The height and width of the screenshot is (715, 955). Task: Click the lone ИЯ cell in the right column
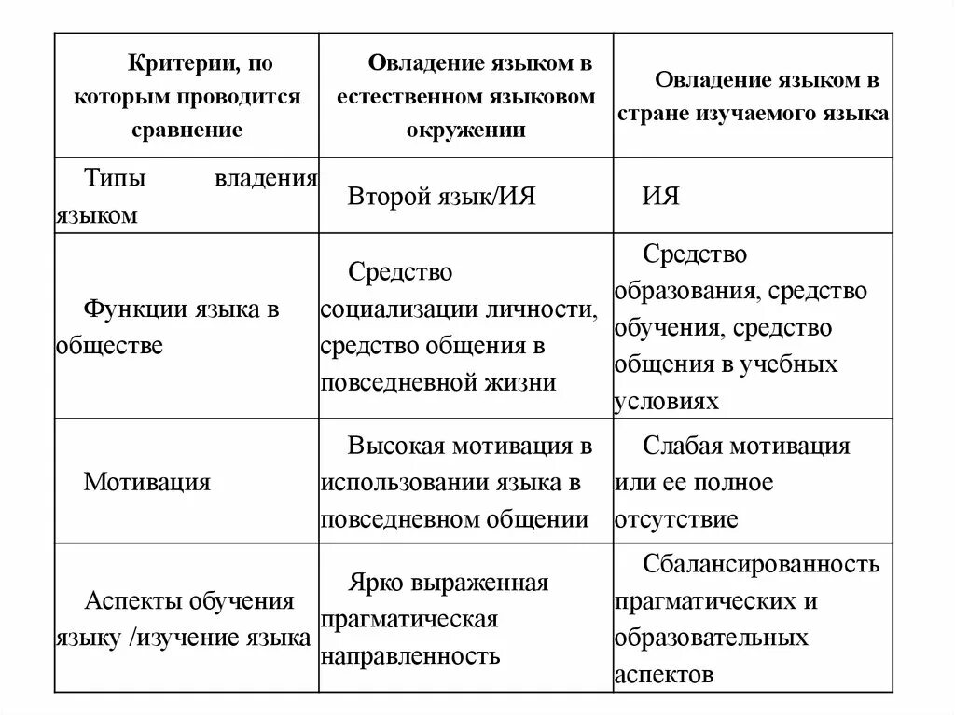coord(660,197)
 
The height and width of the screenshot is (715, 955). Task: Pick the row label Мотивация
coord(146,482)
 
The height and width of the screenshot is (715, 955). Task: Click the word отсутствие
coord(676,519)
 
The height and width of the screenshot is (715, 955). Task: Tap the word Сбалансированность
coord(761,564)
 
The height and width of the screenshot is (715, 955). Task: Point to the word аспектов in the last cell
coord(664,674)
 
